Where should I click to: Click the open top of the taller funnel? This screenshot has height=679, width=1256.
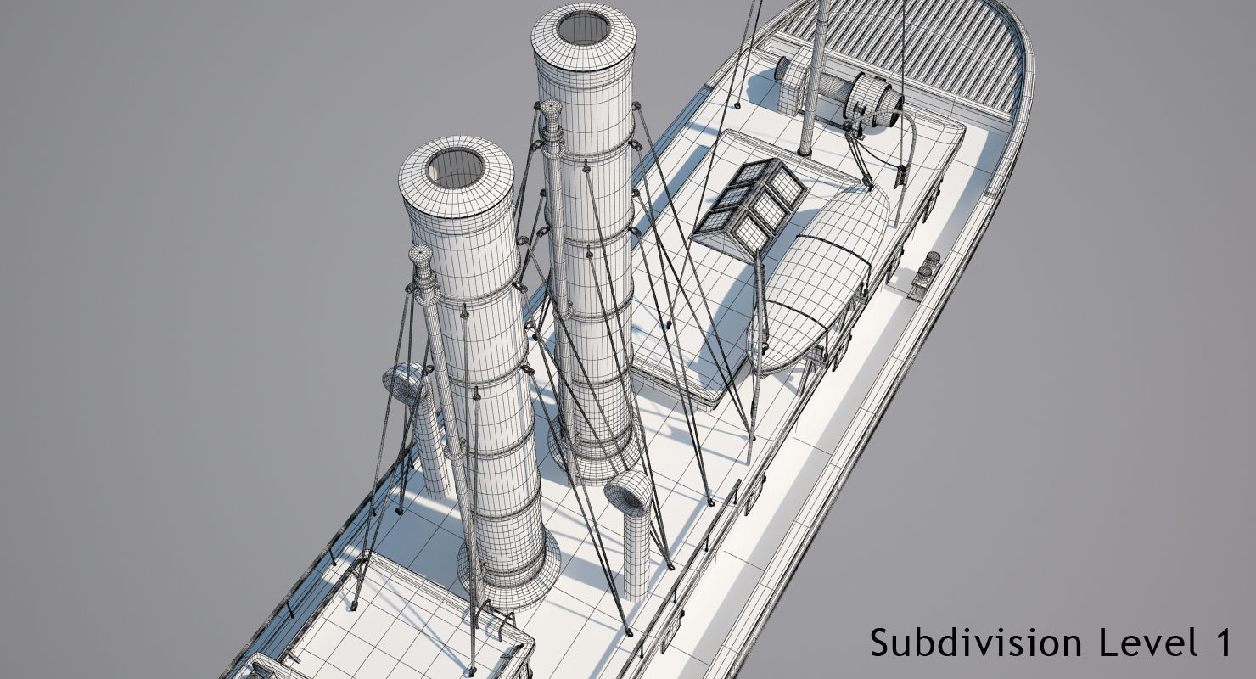584,29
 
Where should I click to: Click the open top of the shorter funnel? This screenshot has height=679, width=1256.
454,168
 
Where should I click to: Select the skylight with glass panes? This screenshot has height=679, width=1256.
750,206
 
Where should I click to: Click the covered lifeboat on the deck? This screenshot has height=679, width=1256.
819,272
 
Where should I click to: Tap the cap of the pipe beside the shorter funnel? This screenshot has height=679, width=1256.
421,255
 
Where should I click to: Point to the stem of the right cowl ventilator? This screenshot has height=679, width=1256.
636,552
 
